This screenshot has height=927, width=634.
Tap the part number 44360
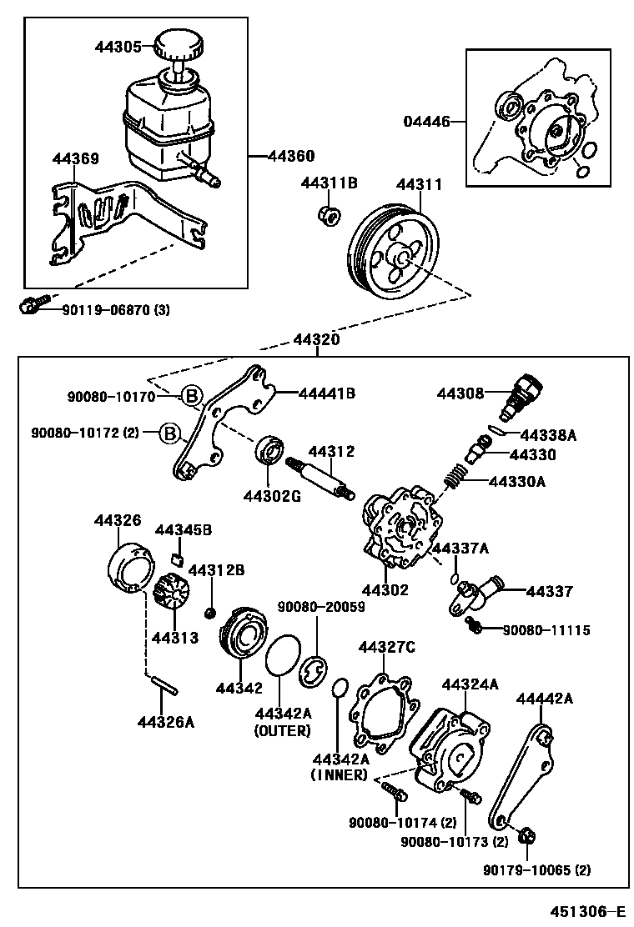[x=290, y=156]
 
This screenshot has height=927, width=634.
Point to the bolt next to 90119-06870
[x=32, y=308]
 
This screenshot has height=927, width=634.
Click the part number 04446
[x=427, y=122]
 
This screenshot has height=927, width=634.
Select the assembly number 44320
[x=316, y=340]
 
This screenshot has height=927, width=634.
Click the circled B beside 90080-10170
[x=191, y=397]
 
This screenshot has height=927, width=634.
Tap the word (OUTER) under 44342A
[x=282, y=731]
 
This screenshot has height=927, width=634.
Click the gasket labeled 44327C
[x=381, y=709]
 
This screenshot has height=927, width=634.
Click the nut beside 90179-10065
[x=526, y=834]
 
